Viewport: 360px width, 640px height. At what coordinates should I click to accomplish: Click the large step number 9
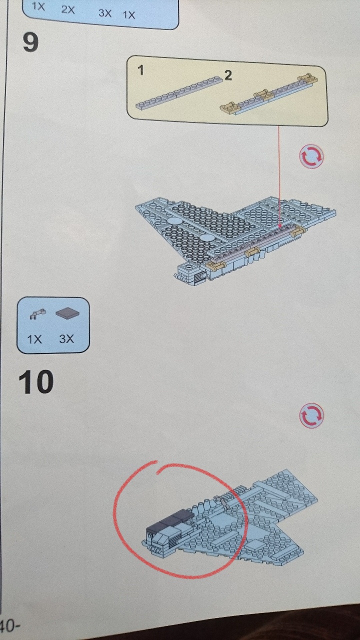click(x=30, y=42)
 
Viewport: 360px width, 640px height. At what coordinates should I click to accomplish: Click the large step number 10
click(x=36, y=381)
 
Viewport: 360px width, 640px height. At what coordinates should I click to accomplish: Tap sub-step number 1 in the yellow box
click(x=140, y=70)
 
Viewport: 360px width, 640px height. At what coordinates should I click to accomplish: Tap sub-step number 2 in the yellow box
click(x=228, y=75)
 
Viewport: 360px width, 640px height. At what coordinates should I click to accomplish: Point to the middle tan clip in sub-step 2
click(x=262, y=93)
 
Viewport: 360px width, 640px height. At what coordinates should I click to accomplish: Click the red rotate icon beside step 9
click(x=311, y=156)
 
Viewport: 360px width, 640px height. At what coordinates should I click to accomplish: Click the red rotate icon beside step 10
click(x=311, y=415)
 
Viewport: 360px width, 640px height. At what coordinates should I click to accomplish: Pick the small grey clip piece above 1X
click(x=37, y=313)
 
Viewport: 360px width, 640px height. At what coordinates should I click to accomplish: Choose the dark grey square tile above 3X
click(x=67, y=313)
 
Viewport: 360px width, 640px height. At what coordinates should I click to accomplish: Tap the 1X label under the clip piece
click(x=34, y=339)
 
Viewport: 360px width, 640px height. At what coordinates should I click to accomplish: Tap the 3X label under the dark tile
click(x=66, y=339)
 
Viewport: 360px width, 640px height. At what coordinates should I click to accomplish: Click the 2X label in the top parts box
click(x=68, y=10)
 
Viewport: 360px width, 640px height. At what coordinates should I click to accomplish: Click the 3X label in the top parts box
click(x=105, y=13)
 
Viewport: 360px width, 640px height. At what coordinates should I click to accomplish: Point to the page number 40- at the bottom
click(x=9, y=625)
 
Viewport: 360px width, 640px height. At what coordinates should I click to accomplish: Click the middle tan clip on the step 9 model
click(x=252, y=252)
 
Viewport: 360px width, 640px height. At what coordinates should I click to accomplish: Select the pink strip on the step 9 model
click(x=254, y=244)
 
